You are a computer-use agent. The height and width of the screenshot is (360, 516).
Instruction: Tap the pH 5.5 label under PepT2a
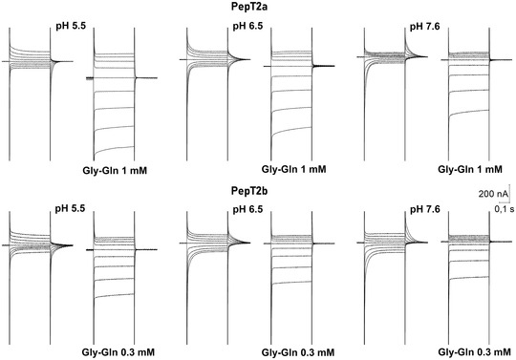pyautogui.click(x=71, y=26)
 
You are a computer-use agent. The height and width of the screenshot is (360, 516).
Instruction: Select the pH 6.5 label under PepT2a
pyautogui.click(x=247, y=26)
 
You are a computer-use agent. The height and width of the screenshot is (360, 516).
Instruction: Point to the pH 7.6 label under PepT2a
pyautogui.click(x=424, y=27)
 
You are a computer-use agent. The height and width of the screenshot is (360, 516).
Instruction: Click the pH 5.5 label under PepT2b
pyautogui.click(x=70, y=208)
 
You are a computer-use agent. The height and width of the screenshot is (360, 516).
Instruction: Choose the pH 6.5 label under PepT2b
pyautogui.click(x=247, y=209)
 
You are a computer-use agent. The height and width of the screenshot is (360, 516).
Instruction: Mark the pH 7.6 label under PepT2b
pyautogui.click(x=424, y=209)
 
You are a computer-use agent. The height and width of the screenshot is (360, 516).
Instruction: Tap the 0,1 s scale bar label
pyautogui.click(x=505, y=209)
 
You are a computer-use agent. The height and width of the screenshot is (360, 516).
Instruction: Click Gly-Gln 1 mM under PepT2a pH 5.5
pyautogui.click(x=115, y=171)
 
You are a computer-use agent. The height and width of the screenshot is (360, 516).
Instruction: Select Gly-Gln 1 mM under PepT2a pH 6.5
pyautogui.click(x=293, y=169)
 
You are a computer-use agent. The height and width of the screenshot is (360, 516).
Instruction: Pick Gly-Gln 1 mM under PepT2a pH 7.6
pyautogui.click(x=470, y=170)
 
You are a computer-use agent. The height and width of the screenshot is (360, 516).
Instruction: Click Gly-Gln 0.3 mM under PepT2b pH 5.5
pyautogui.click(x=118, y=352)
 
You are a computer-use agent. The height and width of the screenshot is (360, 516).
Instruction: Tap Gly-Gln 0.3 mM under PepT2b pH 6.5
pyautogui.click(x=298, y=352)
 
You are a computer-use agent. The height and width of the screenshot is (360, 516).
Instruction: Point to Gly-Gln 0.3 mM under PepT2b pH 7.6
pyautogui.click(x=474, y=352)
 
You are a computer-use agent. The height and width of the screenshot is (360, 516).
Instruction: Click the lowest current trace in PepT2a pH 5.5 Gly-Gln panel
pyautogui.click(x=114, y=149)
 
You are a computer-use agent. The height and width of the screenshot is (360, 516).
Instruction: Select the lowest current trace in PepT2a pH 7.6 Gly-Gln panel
pyautogui.click(x=469, y=112)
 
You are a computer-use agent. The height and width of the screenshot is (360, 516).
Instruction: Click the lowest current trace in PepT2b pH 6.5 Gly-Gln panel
pyautogui.click(x=291, y=283)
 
